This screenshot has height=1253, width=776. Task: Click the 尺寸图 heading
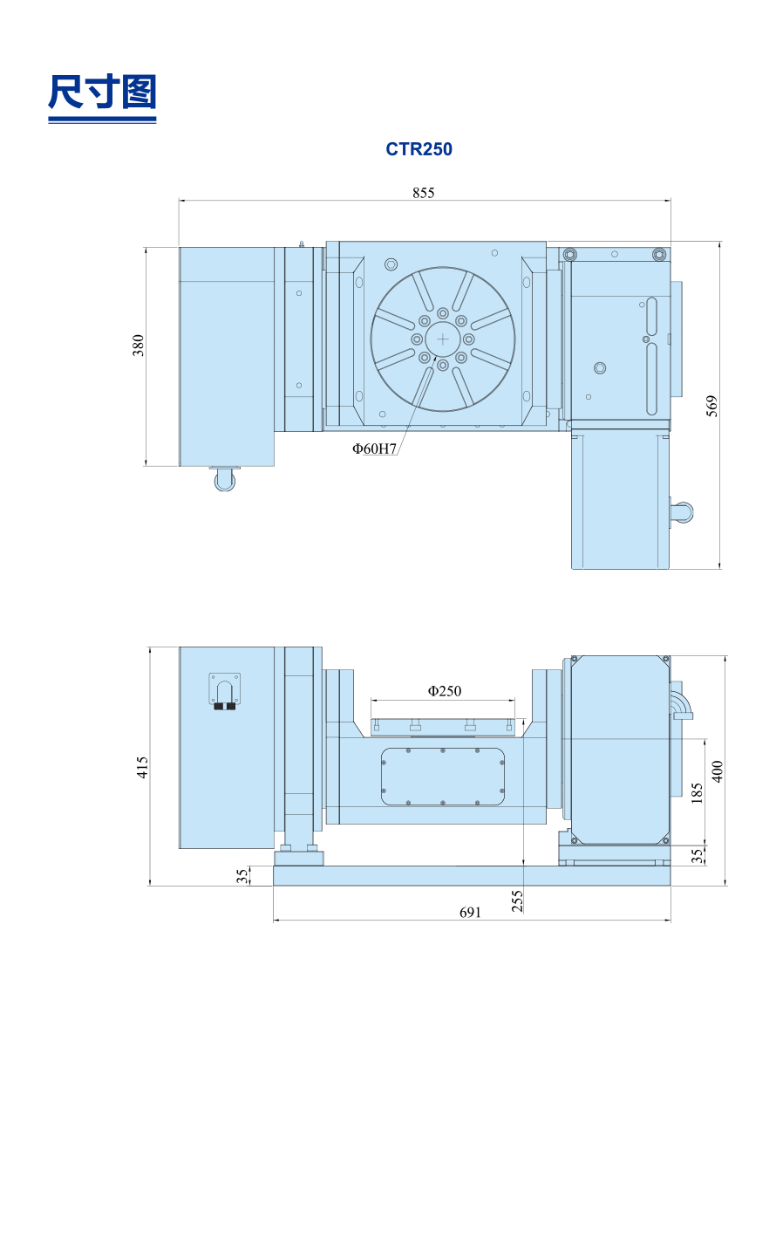coord(102,92)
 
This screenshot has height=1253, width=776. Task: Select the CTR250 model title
coord(419,149)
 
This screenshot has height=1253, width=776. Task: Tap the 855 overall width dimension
coord(423,193)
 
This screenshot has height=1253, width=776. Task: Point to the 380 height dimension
coord(138,346)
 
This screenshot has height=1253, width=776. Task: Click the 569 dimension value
coord(711,406)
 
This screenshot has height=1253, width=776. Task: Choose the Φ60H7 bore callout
coord(374,448)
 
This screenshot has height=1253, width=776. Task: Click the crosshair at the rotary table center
coord(442,339)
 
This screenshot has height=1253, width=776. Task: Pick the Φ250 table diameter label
coord(445,691)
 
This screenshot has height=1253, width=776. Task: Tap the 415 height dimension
coord(143,767)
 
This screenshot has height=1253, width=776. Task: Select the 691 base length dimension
coord(470,913)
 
